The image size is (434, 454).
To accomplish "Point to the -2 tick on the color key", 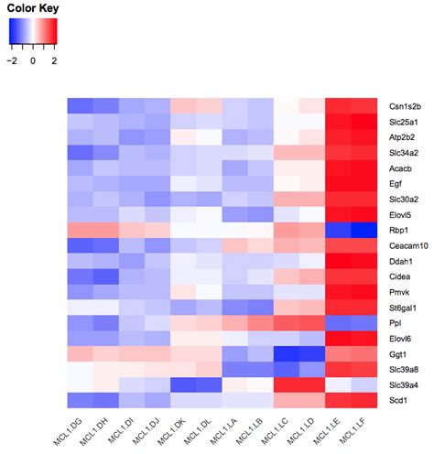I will (x=12, y=61).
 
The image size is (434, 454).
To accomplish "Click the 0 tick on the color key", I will (x=32, y=61).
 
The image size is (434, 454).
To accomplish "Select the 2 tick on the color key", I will (x=53, y=61).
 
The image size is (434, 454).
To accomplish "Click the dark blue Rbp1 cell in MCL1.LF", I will (x=365, y=230).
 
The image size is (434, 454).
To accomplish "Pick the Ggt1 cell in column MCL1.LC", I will (x=287, y=354).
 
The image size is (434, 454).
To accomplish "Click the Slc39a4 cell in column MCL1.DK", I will (x=182, y=385).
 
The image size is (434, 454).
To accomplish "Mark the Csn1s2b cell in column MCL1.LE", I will (x=339, y=105).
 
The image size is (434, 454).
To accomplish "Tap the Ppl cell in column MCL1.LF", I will (x=365, y=323).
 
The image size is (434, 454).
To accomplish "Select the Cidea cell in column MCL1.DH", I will (x=104, y=276).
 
